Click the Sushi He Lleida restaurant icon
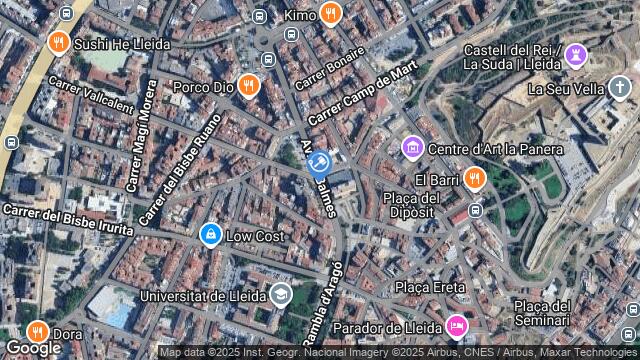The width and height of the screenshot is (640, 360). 58,43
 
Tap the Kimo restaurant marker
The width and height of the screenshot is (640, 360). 331,14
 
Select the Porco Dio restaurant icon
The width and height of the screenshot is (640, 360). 249,86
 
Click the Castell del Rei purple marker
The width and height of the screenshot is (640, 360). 575,54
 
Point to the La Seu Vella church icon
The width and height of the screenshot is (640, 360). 619,87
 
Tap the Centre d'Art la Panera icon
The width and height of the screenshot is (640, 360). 411,149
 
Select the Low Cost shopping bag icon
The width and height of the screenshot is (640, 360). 210,235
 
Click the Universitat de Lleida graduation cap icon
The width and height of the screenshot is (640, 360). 280,294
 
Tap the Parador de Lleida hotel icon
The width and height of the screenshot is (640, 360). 456,325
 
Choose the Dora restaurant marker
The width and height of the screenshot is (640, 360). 37,332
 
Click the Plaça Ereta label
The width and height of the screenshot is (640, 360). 430,287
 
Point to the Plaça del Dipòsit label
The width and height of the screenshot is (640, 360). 408,204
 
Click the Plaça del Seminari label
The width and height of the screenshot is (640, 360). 541,312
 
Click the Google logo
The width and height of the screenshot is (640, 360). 32,347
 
